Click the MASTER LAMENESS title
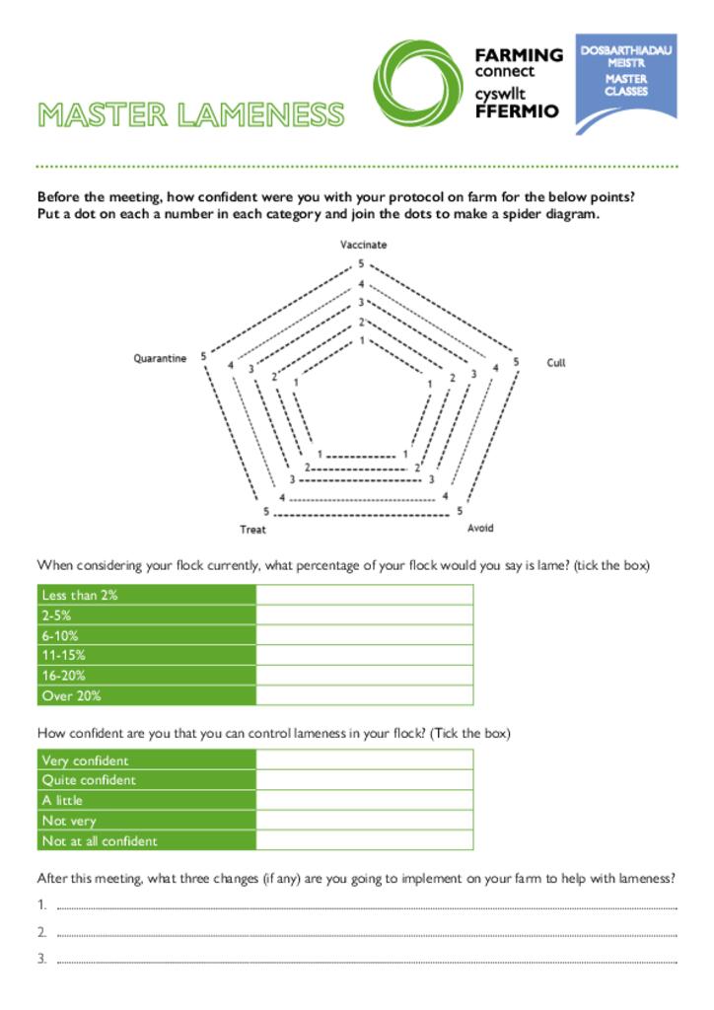click(190, 115)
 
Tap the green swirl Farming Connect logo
click(416, 84)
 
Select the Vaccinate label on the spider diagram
click(363, 245)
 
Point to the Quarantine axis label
click(160, 359)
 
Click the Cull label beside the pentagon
click(556, 363)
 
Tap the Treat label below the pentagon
click(252, 530)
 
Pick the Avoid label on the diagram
click(480, 529)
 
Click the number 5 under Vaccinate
click(361, 264)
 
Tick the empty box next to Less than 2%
click(364, 595)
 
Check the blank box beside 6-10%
click(364, 635)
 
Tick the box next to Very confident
click(364, 759)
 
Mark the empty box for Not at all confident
click(364, 840)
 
